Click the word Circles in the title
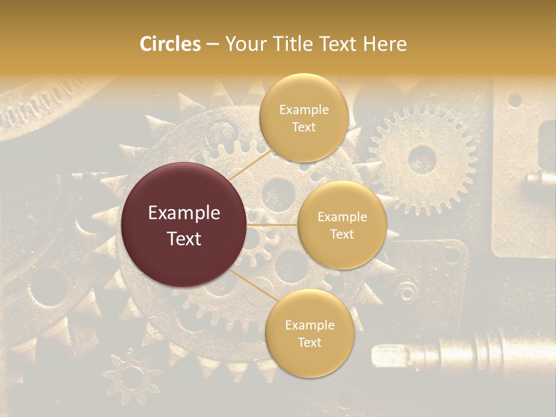point(170,44)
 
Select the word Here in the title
point(385,44)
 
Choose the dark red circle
point(184,225)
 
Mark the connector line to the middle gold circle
point(272,225)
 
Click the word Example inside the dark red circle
point(184,213)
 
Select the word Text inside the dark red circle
point(184,238)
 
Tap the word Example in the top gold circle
point(303,110)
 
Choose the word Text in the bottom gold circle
point(309,342)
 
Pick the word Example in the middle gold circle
point(342,217)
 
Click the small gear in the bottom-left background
point(132,376)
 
